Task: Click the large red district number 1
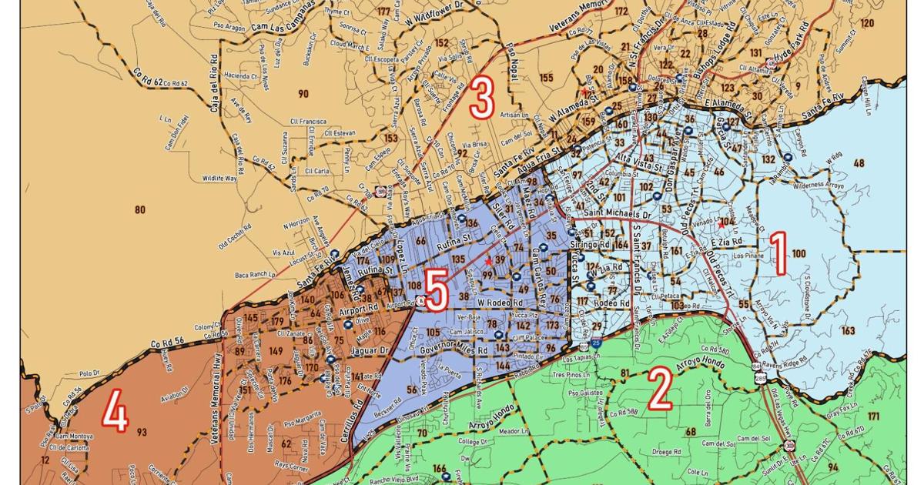[x=778, y=256]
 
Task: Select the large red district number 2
[x=660, y=391]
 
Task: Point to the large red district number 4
[x=116, y=413]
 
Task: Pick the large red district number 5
[x=436, y=293]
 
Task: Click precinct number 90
[x=303, y=94]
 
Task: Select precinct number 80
[x=139, y=209]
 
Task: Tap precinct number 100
[x=798, y=253]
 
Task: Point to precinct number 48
[x=859, y=163]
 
